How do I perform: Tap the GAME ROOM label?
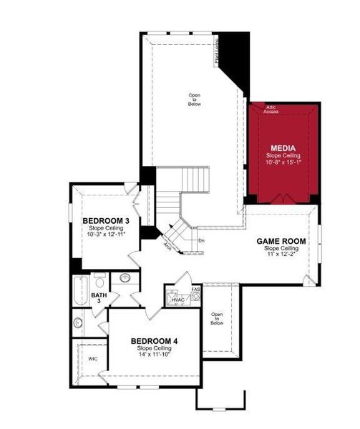(x=281, y=242)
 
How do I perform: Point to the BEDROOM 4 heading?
(x=154, y=341)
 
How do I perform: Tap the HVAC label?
(x=177, y=300)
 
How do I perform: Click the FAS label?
(x=195, y=290)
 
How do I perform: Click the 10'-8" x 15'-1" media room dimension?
(x=283, y=162)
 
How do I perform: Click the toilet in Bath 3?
(x=100, y=280)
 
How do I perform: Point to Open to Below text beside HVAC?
(x=216, y=318)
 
